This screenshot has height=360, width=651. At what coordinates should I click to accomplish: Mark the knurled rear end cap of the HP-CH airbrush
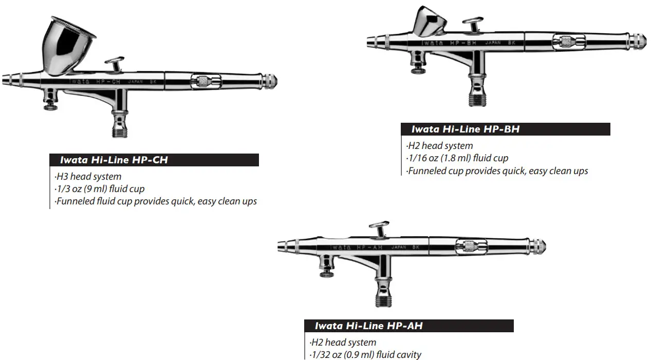click(270, 81)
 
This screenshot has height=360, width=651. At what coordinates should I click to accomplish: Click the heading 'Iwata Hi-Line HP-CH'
click(114, 160)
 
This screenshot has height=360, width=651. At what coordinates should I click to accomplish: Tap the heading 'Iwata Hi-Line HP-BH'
click(466, 129)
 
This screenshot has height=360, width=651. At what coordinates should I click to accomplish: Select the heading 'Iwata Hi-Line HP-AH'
click(369, 326)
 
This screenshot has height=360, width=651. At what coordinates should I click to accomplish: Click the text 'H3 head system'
click(88, 177)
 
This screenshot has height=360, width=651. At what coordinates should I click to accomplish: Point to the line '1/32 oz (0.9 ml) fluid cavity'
click(365, 354)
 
